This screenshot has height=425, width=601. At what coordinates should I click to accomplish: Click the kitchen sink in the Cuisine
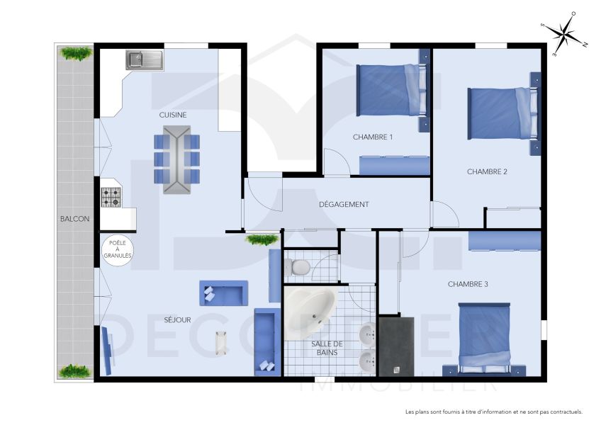[x=145, y=59]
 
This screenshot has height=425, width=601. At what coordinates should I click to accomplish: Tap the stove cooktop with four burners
[x=111, y=198]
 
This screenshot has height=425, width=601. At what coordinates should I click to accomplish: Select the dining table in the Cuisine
[x=176, y=159]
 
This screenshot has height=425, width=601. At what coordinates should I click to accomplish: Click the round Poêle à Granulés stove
[x=118, y=250]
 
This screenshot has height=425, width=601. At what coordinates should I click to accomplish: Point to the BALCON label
[x=74, y=219]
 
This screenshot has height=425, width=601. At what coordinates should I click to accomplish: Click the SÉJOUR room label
[x=177, y=320]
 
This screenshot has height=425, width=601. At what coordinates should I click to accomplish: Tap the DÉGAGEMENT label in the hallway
[x=344, y=205]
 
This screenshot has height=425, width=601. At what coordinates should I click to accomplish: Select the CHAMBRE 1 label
[x=373, y=137]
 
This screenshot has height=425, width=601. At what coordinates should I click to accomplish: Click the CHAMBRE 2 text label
[x=487, y=171]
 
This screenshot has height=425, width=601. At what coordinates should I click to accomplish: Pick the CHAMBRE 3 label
[x=468, y=284]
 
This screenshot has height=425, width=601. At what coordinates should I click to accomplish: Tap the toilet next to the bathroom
[x=298, y=266]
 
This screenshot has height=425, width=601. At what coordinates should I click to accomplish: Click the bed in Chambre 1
[x=389, y=90]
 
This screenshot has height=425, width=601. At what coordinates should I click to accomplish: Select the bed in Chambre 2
[x=499, y=113]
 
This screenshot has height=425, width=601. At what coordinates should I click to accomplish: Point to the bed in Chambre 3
[x=485, y=338]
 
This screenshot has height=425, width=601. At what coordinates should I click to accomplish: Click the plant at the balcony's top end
[x=75, y=53]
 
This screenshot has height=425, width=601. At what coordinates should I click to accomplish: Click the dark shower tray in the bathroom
[x=395, y=346]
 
